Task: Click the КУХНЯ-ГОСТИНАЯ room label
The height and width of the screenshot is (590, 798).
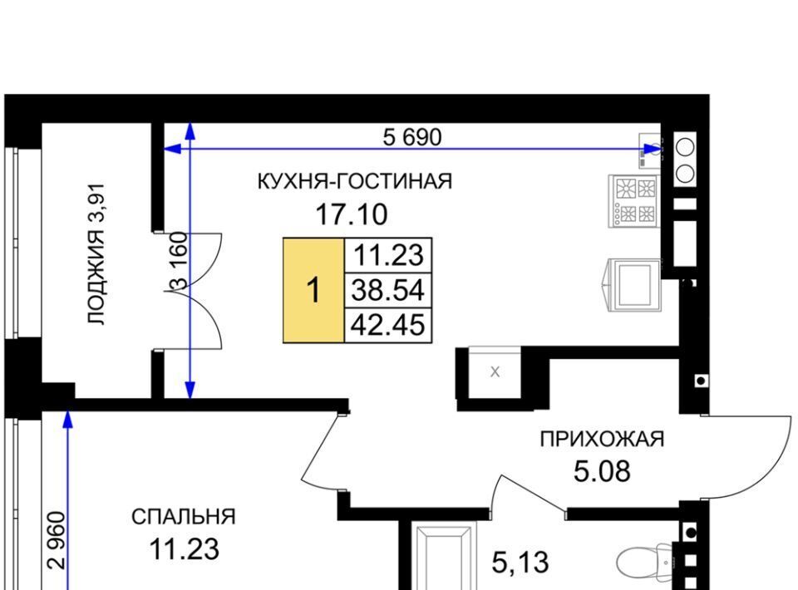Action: click(355, 181)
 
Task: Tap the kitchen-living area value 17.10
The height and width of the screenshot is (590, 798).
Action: click(351, 214)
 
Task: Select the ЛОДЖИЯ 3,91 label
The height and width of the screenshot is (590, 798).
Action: click(96, 254)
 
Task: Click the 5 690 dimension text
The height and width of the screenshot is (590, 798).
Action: click(412, 137)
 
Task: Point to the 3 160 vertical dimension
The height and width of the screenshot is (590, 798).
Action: click(180, 260)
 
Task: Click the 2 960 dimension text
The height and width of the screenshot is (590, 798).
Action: click(57, 540)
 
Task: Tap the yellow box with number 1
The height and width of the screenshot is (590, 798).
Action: click(313, 290)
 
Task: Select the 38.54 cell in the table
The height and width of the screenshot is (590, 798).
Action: click(388, 290)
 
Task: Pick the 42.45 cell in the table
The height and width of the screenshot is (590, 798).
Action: click(388, 325)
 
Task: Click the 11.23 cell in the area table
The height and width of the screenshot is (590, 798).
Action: click(388, 255)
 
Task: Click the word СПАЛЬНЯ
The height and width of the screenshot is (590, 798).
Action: click(184, 517)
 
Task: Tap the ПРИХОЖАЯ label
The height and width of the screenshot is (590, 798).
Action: click(602, 439)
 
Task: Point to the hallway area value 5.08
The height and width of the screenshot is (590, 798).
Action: click(602, 471)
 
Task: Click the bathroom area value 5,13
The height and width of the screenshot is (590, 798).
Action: click(520, 563)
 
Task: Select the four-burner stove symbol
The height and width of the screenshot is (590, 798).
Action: click(634, 201)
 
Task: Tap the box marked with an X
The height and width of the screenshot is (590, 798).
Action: click(495, 371)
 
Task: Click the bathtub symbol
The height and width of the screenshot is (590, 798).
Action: click(443, 558)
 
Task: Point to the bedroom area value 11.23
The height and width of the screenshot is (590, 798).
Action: click(184, 549)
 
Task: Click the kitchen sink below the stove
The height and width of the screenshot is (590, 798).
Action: click(633, 285)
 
